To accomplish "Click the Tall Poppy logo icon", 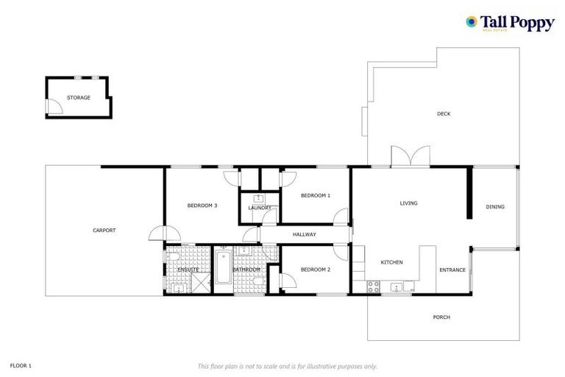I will point(472,22).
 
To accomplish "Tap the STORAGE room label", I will point(79,97).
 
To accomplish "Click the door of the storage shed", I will point(54,108).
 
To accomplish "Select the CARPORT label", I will point(104,230).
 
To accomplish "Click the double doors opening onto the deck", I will point(410,157).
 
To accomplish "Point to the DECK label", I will point(443,114).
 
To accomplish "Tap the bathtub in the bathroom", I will point(223,270).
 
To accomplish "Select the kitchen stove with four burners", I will point(372,287).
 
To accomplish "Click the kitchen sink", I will point(397,287).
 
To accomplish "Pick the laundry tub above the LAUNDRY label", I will point(259,198).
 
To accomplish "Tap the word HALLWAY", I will point(304,235).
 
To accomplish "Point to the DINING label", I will point(495,207).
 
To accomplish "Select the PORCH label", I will point(441,317).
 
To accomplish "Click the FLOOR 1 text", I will point(21,365).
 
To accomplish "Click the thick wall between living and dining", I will point(468,194).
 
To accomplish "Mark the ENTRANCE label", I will point(452,270).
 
